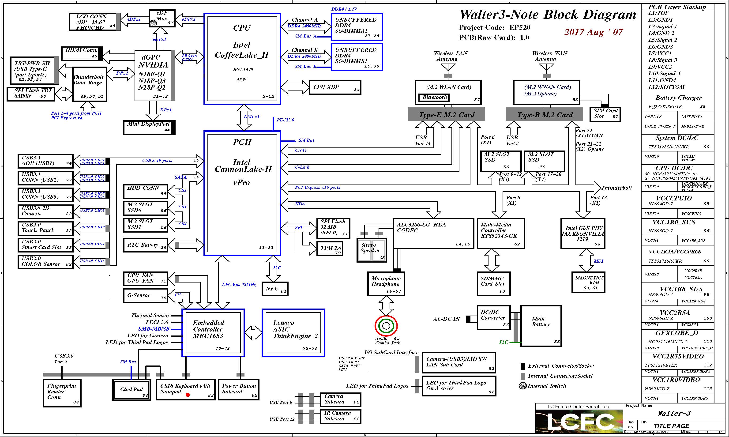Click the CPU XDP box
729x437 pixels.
(335, 87)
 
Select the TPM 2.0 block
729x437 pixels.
(330, 249)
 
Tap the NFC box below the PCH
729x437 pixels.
(275, 289)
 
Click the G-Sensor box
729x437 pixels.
(145, 295)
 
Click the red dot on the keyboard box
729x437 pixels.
(188, 395)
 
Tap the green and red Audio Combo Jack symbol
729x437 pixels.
(386, 326)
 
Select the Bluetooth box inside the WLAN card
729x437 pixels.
(434, 98)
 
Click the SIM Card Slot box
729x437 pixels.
(605, 114)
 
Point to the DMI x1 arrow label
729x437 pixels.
(252, 117)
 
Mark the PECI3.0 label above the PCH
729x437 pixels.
(285, 120)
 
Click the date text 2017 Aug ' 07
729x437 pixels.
(593, 32)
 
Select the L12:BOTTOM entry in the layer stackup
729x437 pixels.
(666, 87)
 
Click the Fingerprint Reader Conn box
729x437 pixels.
(62, 393)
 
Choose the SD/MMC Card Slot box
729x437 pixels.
(493, 284)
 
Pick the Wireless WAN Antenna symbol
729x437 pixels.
(546, 69)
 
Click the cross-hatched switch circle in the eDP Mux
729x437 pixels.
(153, 23)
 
